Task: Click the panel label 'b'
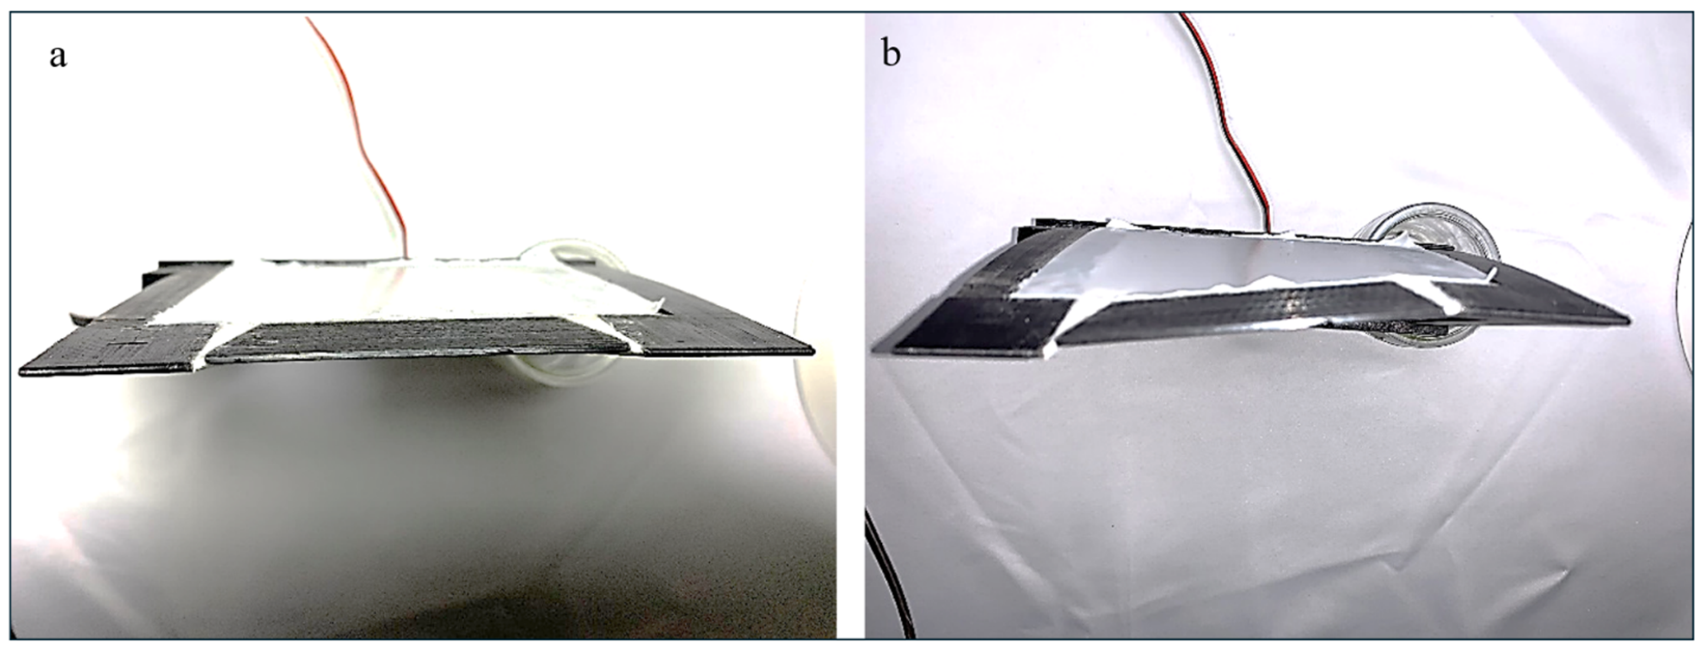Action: pos(891,53)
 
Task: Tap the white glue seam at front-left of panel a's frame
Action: pos(209,347)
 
